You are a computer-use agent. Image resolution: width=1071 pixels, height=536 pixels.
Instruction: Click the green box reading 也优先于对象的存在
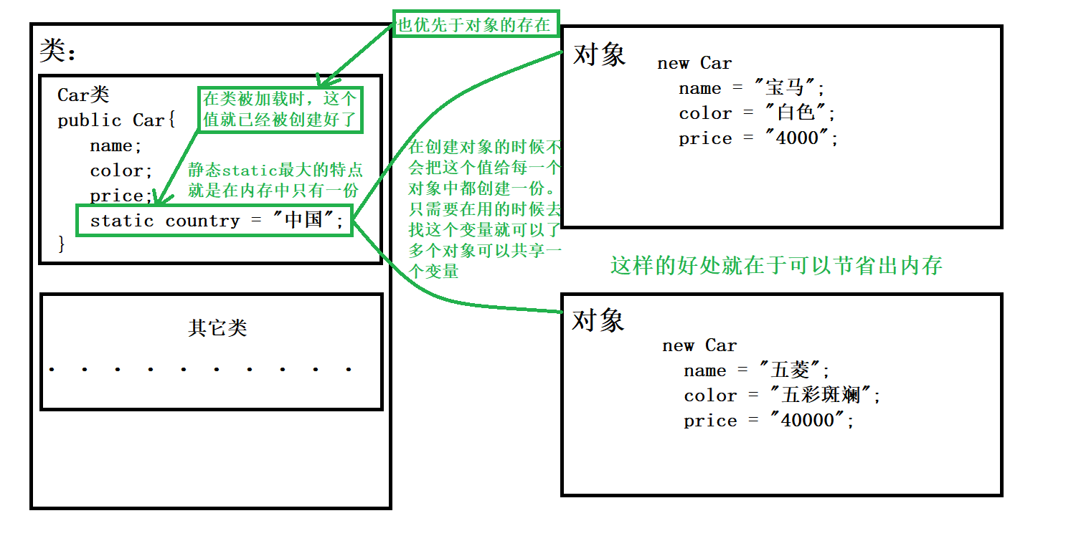474,26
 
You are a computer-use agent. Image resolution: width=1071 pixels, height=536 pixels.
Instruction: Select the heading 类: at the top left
58,51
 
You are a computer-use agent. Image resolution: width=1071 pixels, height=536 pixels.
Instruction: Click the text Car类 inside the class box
83,95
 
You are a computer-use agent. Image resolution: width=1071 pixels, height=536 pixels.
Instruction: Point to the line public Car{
116,120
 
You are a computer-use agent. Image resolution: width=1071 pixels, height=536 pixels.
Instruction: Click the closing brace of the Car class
62,244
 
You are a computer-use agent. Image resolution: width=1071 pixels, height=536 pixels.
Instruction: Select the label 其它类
217,328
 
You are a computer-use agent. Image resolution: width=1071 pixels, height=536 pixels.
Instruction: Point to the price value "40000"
808,421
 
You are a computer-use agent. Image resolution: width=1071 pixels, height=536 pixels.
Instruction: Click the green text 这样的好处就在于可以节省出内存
776,266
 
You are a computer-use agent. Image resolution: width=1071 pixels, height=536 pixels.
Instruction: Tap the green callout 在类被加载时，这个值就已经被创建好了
280,110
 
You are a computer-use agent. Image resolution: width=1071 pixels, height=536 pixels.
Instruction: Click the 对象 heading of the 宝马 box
600,54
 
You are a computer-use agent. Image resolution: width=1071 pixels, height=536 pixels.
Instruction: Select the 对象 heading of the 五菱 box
598,320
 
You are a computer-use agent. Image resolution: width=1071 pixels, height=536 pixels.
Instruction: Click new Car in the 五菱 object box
699,345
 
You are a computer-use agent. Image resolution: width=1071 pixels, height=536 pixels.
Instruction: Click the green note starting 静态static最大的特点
275,180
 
